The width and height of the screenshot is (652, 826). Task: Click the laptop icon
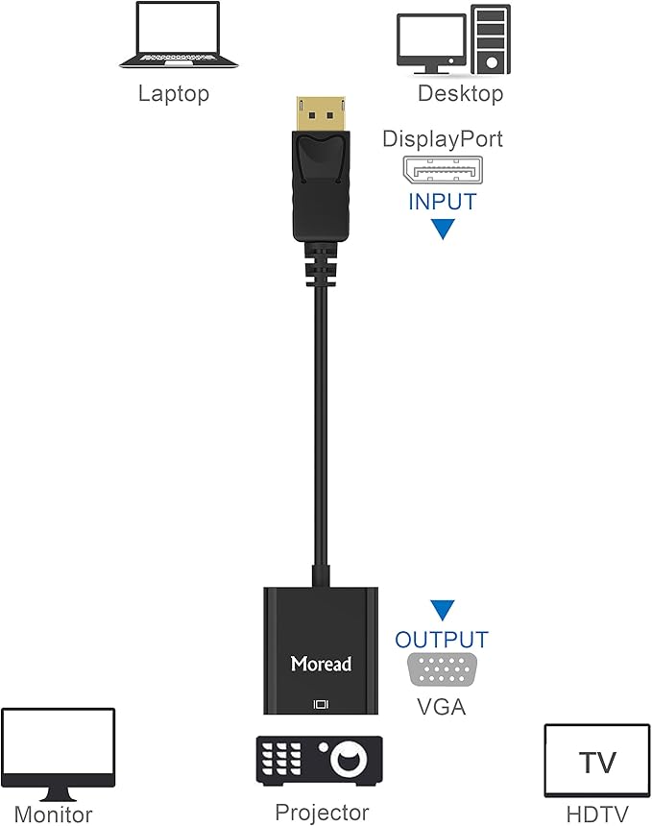pos(179,37)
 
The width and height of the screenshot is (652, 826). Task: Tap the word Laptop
pos(174,93)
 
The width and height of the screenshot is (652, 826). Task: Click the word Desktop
pos(460,93)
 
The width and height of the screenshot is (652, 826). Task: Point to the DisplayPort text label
pos(443,138)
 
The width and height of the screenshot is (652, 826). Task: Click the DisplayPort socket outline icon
pos(442,171)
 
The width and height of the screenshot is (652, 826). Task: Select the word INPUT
pos(443,203)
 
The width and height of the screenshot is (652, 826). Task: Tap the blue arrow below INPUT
pos(442,229)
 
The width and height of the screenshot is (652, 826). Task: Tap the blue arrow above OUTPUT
pos(442,610)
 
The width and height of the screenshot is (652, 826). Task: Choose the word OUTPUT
pos(442,640)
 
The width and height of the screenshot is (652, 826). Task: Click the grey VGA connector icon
pos(442,669)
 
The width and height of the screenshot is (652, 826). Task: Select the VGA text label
pos(442,707)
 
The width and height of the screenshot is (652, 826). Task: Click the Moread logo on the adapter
pos(322,664)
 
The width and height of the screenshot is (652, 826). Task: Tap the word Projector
pos(322,813)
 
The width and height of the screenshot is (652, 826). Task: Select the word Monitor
pos(54,815)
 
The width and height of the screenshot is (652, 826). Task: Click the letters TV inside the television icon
pos(597,764)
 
